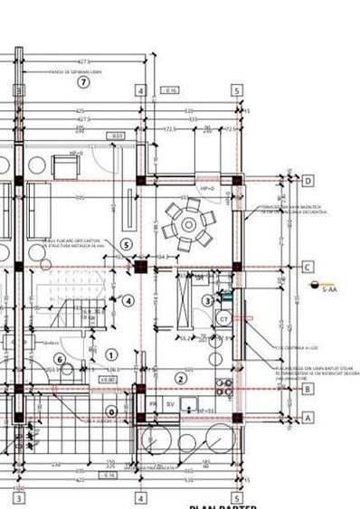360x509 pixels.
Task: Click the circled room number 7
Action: coord(83,82)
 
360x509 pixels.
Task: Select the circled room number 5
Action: coord(126,244)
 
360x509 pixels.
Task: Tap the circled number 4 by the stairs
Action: coord(128,300)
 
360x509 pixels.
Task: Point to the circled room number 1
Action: coord(112,355)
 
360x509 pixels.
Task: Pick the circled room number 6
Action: coord(60,360)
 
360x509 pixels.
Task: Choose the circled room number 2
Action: coord(180,379)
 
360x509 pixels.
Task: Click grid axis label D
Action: coord(308,182)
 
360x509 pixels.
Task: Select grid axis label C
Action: coord(308,268)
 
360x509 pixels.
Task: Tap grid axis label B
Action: coord(308,390)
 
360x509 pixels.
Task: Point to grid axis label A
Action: coord(308,418)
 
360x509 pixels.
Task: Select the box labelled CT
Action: coord(223,319)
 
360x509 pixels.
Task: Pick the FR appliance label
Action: coord(154,404)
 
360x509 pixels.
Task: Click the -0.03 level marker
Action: coord(118,137)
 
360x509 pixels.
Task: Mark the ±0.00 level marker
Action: coord(108,381)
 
